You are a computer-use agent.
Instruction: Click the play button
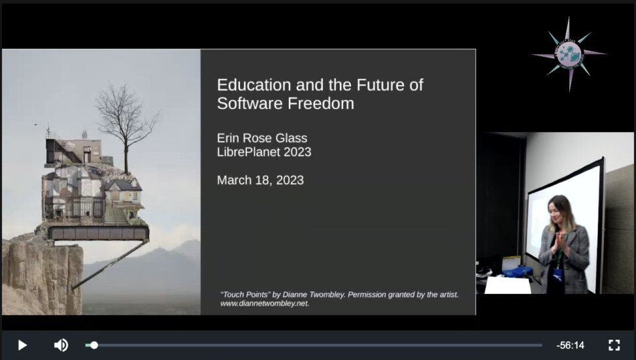(23, 345)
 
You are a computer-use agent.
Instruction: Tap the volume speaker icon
(61, 345)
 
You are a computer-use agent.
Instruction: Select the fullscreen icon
(614, 345)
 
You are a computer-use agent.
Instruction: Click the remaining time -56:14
(570, 346)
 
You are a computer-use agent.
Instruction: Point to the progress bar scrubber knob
(94, 345)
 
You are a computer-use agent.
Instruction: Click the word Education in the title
(254, 85)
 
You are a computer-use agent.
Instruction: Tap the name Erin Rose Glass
(262, 138)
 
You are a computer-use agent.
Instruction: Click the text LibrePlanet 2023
(264, 152)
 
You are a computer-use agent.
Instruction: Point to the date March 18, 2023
(260, 180)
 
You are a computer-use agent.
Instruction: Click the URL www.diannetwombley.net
(265, 303)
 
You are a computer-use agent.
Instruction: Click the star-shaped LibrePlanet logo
(569, 54)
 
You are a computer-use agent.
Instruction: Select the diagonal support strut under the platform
(109, 265)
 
